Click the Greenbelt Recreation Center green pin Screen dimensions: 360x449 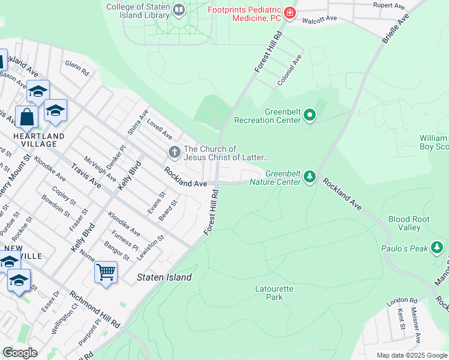click(310, 114)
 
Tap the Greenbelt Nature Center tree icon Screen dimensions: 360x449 click(310, 176)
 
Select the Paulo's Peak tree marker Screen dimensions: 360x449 click(437, 247)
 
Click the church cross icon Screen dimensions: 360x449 click(174, 152)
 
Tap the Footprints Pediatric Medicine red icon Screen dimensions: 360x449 click(290, 13)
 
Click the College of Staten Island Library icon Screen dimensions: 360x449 click(179, 10)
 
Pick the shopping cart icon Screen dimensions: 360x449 click(106, 272)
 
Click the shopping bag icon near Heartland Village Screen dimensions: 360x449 click(27, 117)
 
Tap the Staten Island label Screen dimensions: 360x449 click(164, 277)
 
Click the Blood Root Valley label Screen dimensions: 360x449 click(409, 223)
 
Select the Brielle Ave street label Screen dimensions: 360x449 click(395, 28)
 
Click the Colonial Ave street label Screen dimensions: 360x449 click(289, 70)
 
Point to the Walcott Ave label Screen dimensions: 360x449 click(319, 19)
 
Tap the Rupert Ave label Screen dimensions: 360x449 click(389, 5)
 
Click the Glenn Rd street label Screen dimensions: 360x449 click(77, 68)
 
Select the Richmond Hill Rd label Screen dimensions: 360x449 click(94, 310)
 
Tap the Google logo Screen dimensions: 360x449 click(20, 353)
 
